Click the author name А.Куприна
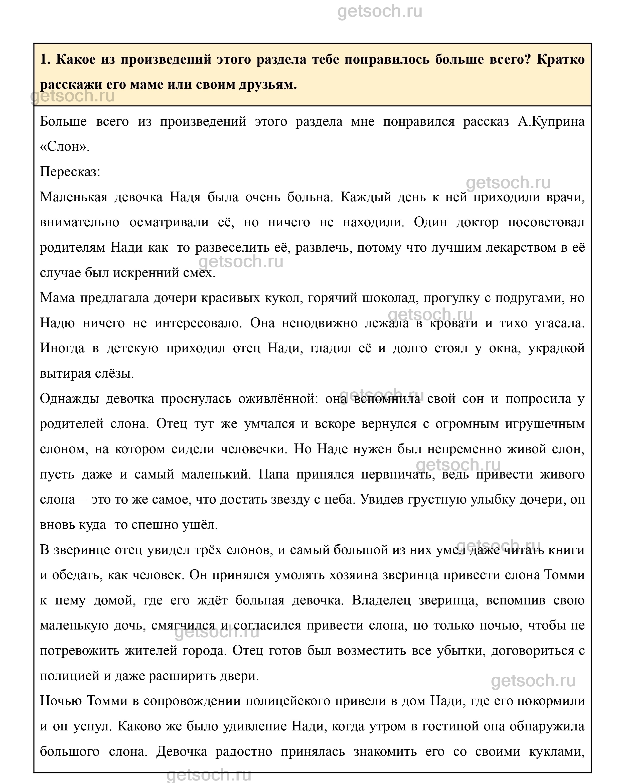point(551,122)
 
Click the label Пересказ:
point(70,172)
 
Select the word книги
point(567,550)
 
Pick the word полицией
point(69,676)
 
